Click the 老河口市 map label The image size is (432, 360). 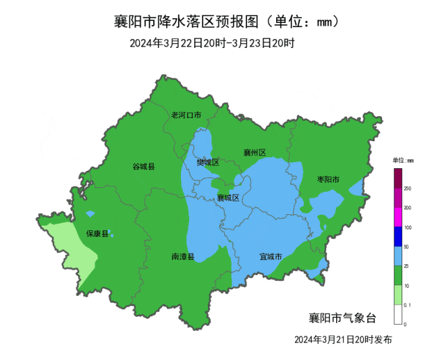pyautogui.click(x=186, y=115)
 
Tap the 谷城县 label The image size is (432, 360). pyautogui.click(x=143, y=166)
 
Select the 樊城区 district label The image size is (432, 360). pyautogui.click(x=208, y=162)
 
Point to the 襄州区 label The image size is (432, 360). pyautogui.click(x=254, y=153)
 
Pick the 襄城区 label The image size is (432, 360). pyautogui.click(x=228, y=198)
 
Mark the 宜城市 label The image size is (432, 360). pyautogui.click(x=271, y=257)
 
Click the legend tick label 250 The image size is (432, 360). pyautogui.click(x=408, y=189)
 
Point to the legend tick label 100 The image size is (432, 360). pyautogui.click(x=408, y=228)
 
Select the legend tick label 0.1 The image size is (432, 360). pyautogui.click(x=408, y=305)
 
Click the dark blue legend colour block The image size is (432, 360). pyautogui.click(x=398, y=236)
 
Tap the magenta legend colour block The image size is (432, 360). pyautogui.click(x=398, y=217)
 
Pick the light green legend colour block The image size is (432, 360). pyautogui.click(x=398, y=295)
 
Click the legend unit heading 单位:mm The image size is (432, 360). pyautogui.click(x=402, y=160)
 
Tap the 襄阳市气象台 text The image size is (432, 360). pyautogui.click(x=342, y=317)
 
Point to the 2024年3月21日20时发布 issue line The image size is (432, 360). pyautogui.click(x=343, y=339)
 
